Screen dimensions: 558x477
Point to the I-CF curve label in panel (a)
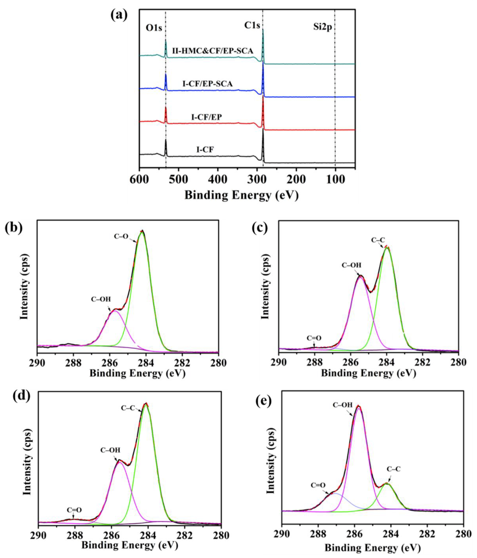pyautogui.click(x=205, y=149)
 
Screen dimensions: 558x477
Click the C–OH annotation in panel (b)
pyautogui.click(x=101, y=299)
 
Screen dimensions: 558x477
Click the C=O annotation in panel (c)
pyautogui.click(x=314, y=338)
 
